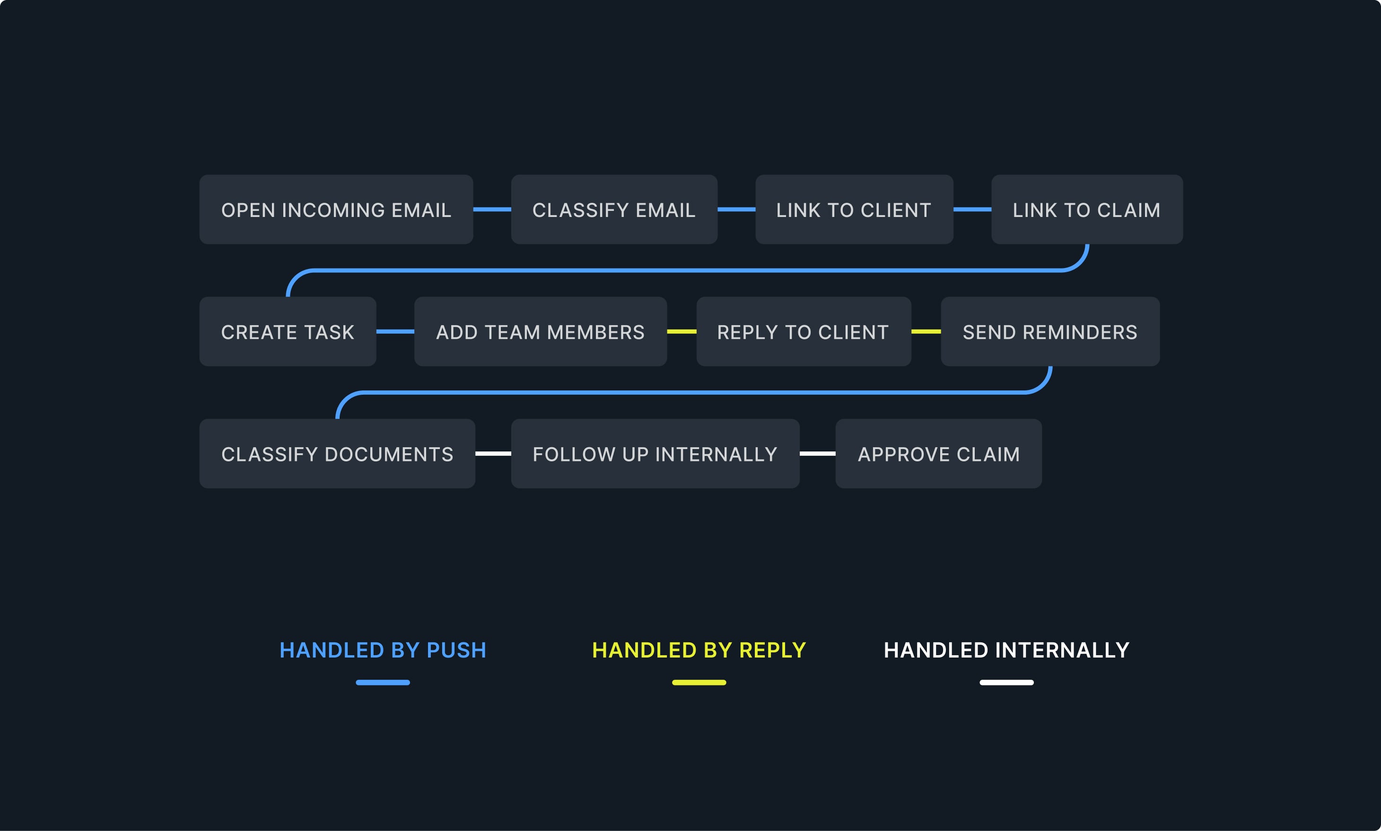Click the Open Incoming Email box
coord(336,209)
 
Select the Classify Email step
coord(614,209)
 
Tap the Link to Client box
coord(854,209)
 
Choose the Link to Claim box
coord(1086,209)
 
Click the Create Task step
coord(288,331)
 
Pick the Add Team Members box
coord(540,331)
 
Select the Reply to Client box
coord(804,331)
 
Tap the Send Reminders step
coord(1050,331)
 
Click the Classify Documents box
coord(337,454)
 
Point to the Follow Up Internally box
coord(655,454)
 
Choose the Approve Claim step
coord(938,454)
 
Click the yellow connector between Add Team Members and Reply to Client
coord(681,331)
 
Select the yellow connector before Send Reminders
coord(926,331)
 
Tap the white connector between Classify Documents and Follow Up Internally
coord(493,454)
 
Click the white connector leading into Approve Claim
coord(817,454)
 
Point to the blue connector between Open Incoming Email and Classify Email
coord(492,209)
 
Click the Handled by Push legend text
coord(383,650)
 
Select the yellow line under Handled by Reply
coord(699,683)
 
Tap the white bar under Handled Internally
coord(1006,683)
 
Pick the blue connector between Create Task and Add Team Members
coord(395,331)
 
